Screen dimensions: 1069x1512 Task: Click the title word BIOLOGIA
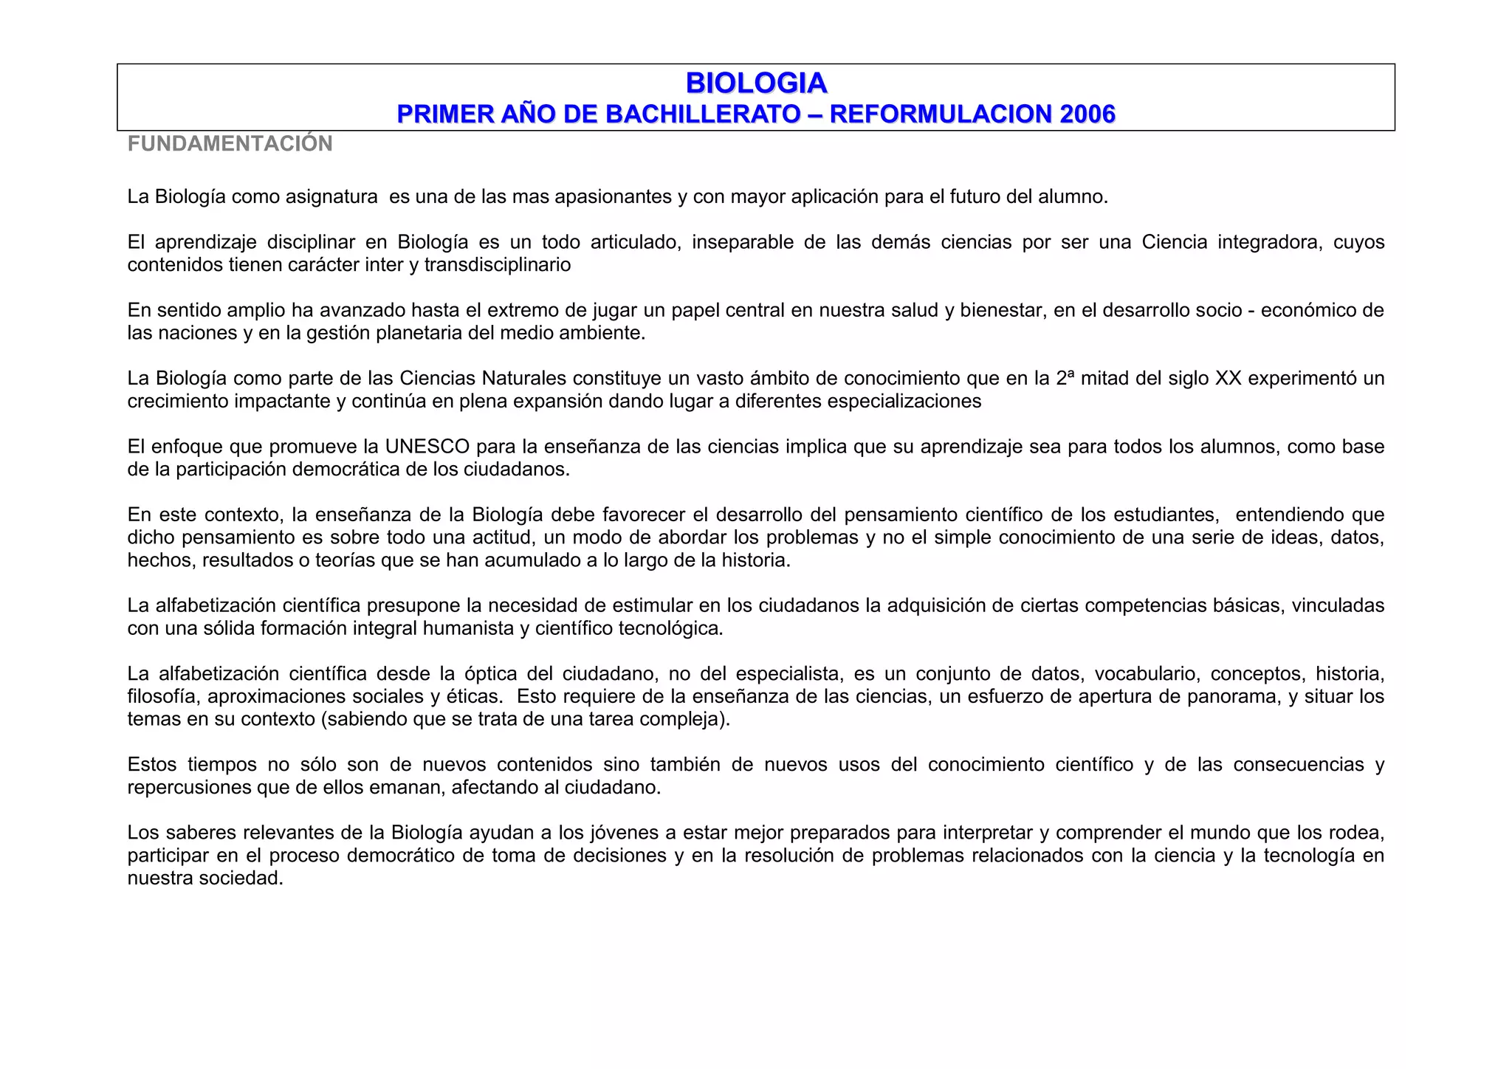[x=756, y=83]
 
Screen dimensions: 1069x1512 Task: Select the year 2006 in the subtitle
[x=1087, y=114]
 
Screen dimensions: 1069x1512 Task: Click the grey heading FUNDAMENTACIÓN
[x=230, y=143]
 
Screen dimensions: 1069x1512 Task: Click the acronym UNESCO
[x=427, y=447]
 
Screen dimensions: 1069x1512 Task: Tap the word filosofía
[x=162, y=696]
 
